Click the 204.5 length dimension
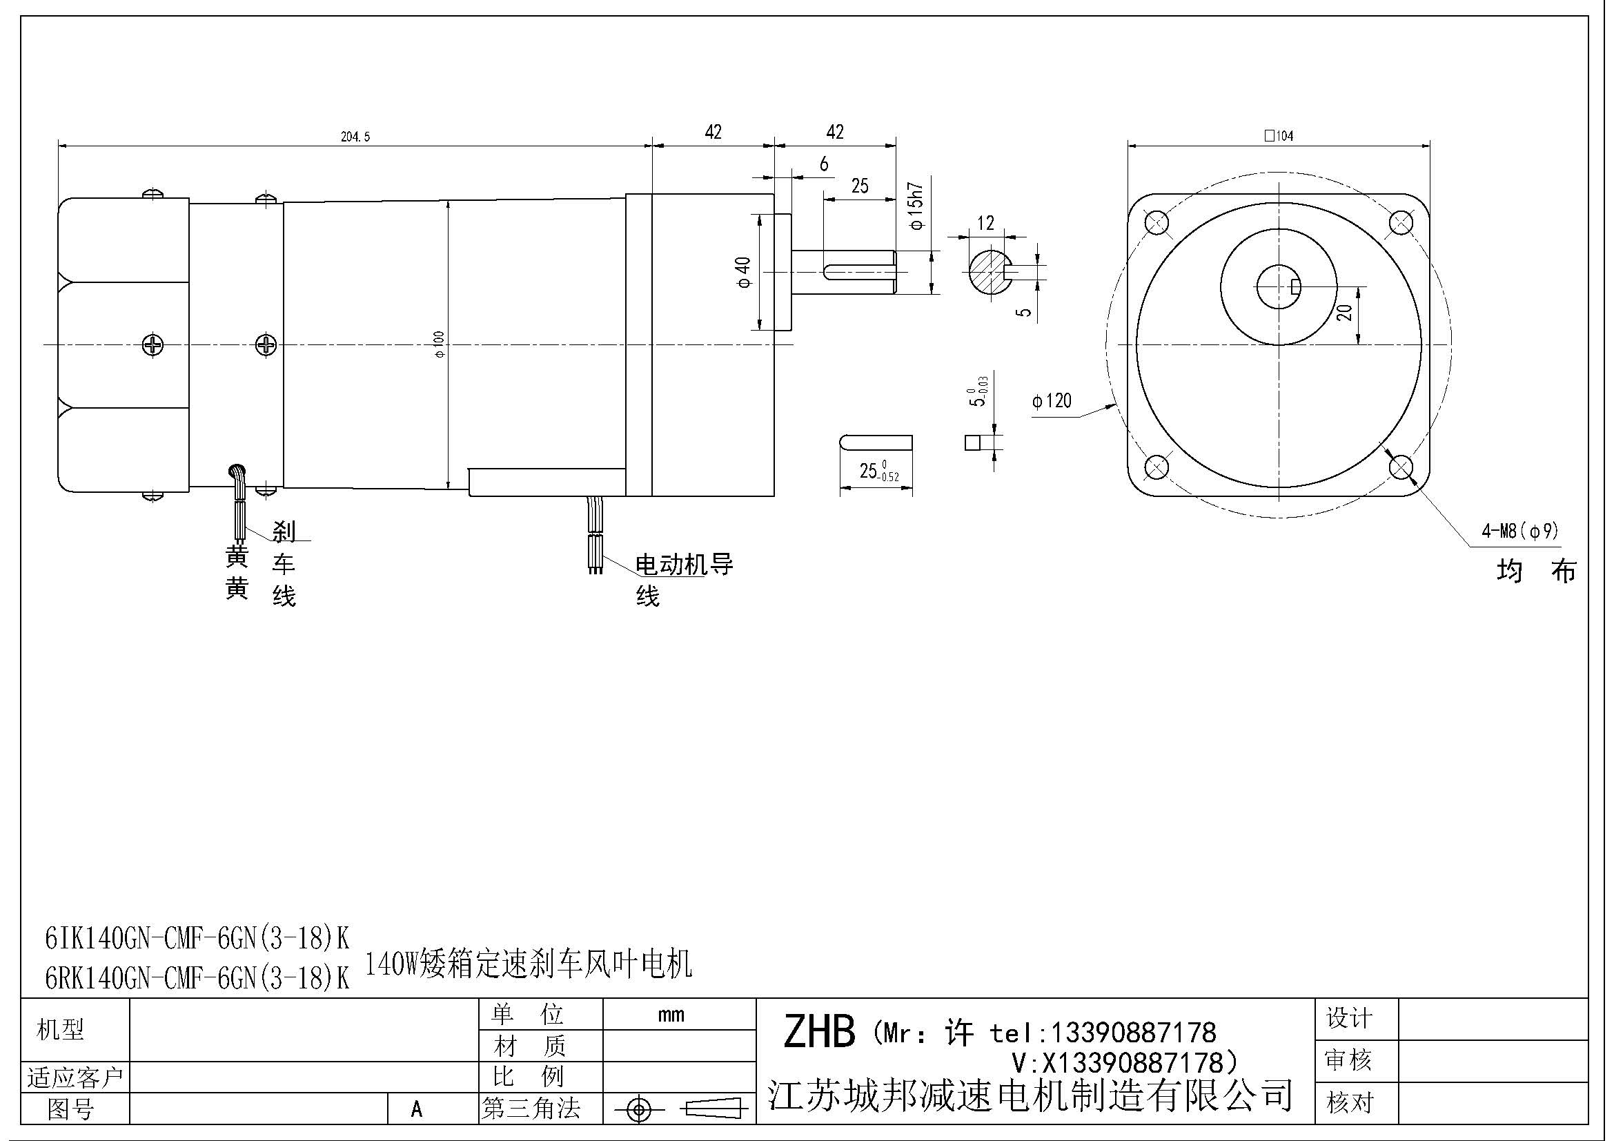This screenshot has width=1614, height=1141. coord(355,137)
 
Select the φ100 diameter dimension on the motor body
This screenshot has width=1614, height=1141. coord(440,344)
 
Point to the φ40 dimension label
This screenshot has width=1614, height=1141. coord(743,272)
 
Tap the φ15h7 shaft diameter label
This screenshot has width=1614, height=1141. coord(916,206)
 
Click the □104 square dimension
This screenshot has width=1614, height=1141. coord(1279,136)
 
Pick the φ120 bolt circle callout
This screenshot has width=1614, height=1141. coord(1052,401)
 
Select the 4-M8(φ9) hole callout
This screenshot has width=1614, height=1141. coord(1519,532)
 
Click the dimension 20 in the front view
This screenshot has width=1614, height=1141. coord(1345,312)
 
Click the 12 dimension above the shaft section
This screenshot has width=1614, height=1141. coord(985,223)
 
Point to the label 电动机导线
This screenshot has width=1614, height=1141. coord(683,565)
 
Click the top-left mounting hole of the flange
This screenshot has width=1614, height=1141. coord(1157,224)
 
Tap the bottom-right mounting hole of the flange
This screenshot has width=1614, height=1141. coord(1401,466)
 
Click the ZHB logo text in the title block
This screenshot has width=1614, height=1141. coord(819,1032)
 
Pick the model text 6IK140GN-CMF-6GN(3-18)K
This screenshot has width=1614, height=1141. coord(197,938)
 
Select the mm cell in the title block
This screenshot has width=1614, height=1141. coord(671,1015)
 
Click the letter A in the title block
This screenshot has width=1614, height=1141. coord(417,1109)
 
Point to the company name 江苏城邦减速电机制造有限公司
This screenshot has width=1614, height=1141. coord(1030,1094)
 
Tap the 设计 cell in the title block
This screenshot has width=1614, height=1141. coord(1348,1018)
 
